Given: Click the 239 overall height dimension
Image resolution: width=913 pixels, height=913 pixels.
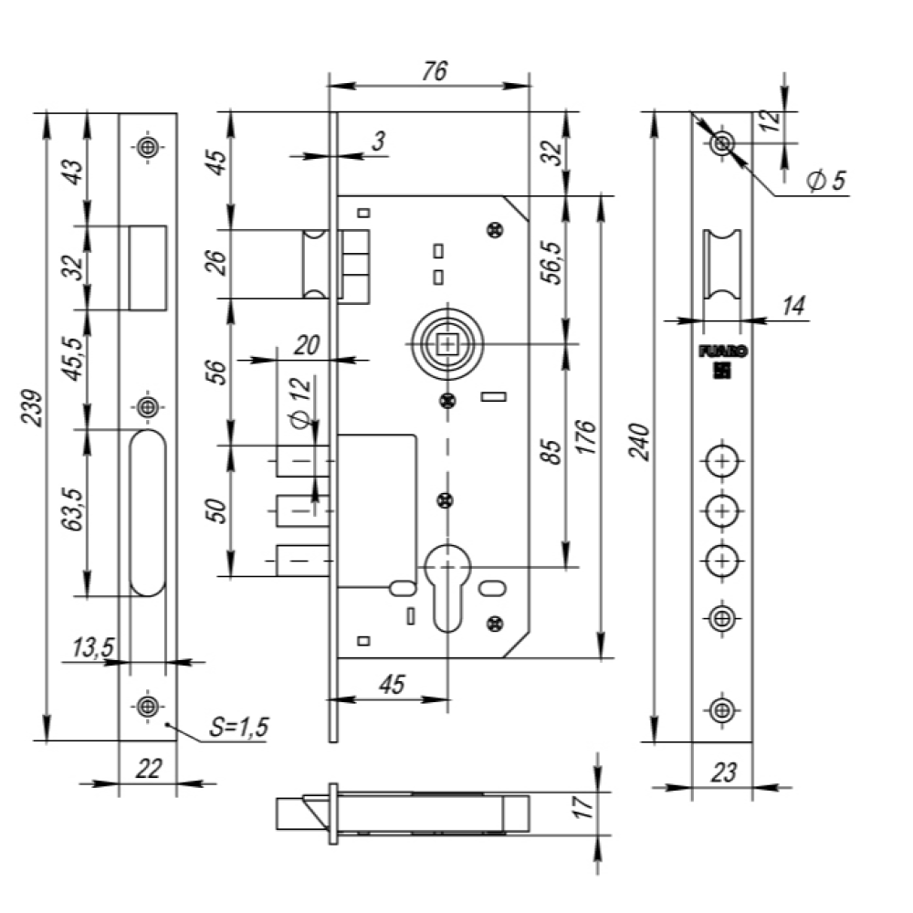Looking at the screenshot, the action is click(33, 408).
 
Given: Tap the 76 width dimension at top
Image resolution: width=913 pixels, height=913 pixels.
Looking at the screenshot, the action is click(435, 71).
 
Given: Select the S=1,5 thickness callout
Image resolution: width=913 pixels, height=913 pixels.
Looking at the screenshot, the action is click(239, 727).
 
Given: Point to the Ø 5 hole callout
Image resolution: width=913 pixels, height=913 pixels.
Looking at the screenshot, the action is click(826, 180).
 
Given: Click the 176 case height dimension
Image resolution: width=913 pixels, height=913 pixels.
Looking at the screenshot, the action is click(586, 436).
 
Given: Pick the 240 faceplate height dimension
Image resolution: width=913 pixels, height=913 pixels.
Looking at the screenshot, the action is click(641, 443).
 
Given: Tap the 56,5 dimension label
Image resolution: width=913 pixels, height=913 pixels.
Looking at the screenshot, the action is click(552, 262).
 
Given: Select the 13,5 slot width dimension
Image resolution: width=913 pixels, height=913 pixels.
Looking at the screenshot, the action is click(93, 647).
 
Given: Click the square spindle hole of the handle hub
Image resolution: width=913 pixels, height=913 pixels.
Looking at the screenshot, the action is click(447, 344).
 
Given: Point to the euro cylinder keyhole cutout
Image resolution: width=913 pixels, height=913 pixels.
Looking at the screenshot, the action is click(447, 587).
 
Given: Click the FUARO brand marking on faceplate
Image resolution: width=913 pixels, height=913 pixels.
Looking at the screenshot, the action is click(722, 352).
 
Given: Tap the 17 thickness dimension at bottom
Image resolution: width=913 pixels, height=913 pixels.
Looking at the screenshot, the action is click(583, 806).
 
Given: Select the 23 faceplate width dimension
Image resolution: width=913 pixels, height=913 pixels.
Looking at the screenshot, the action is click(723, 772).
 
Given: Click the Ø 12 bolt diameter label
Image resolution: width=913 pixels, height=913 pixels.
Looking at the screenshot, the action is click(301, 403).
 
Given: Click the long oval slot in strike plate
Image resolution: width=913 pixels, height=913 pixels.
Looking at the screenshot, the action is click(147, 513).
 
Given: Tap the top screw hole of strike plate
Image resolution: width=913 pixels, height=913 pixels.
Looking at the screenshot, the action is click(148, 147).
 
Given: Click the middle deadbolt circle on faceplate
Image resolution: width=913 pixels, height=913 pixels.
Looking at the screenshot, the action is click(722, 510).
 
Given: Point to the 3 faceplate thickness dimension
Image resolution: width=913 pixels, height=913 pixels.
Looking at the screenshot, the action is click(379, 141).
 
